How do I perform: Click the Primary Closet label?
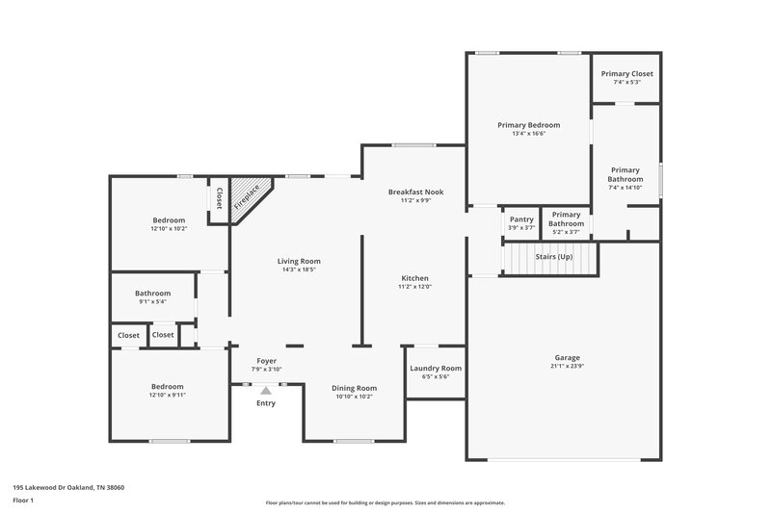tap(626, 74)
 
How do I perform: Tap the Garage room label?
tap(567, 357)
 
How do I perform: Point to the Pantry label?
tap(521, 218)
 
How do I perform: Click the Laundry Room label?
tap(436, 368)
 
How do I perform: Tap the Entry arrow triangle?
tap(266, 390)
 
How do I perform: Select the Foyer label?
tap(265, 361)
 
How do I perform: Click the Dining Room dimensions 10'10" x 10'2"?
tap(355, 397)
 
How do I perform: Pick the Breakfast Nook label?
tap(415, 192)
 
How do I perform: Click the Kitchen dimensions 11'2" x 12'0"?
tap(415, 286)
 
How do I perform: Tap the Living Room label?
tap(299, 261)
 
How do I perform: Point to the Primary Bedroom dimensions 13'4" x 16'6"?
tap(528, 134)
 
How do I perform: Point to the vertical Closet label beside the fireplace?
tap(219, 198)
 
